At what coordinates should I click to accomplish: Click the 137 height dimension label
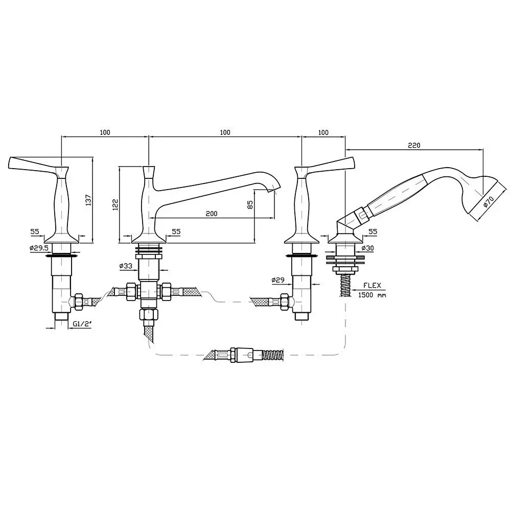pyautogui.click(x=88, y=200)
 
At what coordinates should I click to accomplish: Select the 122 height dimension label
pyautogui.click(x=115, y=205)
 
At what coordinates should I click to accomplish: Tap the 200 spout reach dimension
pyautogui.click(x=212, y=214)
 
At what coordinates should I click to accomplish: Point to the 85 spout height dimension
pyautogui.click(x=250, y=205)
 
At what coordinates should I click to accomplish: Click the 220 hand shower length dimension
pyautogui.click(x=414, y=145)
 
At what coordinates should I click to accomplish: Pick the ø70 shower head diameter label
pyautogui.click(x=489, y=201)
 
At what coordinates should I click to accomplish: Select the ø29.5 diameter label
pyautogui.click(x=39, y=248)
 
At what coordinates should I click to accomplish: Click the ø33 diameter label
pyautogui.click(x=126, y=266)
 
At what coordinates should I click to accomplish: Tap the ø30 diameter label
pyautogui.click(x=367, y=248)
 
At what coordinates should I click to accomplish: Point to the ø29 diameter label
pyautogui.click(x=278, y=280)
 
